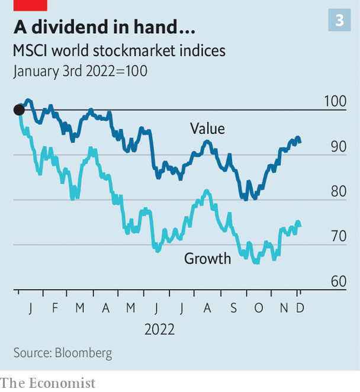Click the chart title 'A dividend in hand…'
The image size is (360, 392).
[104, 27]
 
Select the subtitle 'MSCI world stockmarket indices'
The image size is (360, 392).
[119, 51]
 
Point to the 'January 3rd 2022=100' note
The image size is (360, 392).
[81, 72]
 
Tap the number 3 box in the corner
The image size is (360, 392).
[339, 20]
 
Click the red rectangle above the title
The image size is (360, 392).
[30, 5]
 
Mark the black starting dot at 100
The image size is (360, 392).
[19, 110]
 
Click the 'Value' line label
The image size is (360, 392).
[207, 128]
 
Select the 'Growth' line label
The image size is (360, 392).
[207, 258]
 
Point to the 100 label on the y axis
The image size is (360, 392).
[335, 101]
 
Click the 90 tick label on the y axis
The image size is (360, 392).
[339, 146]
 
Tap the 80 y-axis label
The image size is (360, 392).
[339, 191]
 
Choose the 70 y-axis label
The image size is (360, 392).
[339, 236]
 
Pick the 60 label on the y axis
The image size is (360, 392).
[339, 281]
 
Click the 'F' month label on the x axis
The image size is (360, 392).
[55, 308]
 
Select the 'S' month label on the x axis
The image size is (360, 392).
[233, 308]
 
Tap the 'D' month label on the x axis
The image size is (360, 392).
[300, 308]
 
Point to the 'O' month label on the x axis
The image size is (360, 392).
[259, 308]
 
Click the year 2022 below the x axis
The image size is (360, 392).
[159, 329]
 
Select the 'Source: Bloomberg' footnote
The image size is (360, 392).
[63, 353]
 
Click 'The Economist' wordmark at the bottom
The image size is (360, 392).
[47, 383]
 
